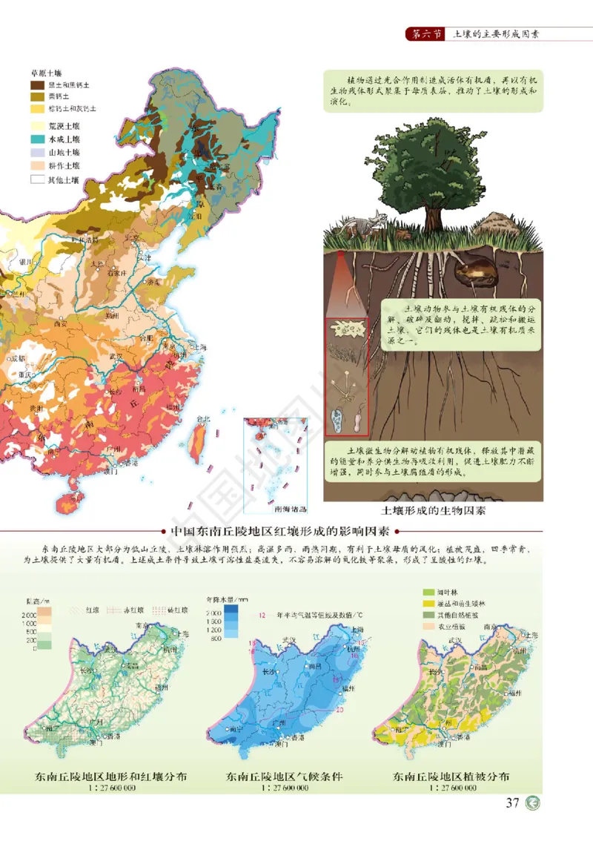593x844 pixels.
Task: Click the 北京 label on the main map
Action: (132, 237)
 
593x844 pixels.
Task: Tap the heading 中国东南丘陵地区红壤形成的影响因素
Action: (280, 532)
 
